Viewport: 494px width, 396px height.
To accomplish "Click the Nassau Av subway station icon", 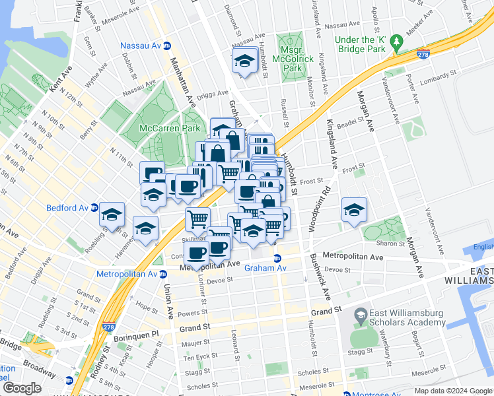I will tap(167, 46).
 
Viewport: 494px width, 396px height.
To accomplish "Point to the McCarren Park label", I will tap(170, 127).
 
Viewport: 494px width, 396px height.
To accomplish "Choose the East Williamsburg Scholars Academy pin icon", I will tap(361, 316).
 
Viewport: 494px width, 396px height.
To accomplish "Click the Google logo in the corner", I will tap(22, 388).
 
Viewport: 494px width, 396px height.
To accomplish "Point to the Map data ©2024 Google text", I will tap(452, 391).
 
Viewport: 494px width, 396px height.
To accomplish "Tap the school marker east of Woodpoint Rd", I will tap(354, 210).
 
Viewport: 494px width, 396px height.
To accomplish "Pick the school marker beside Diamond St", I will tap(244, 61).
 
